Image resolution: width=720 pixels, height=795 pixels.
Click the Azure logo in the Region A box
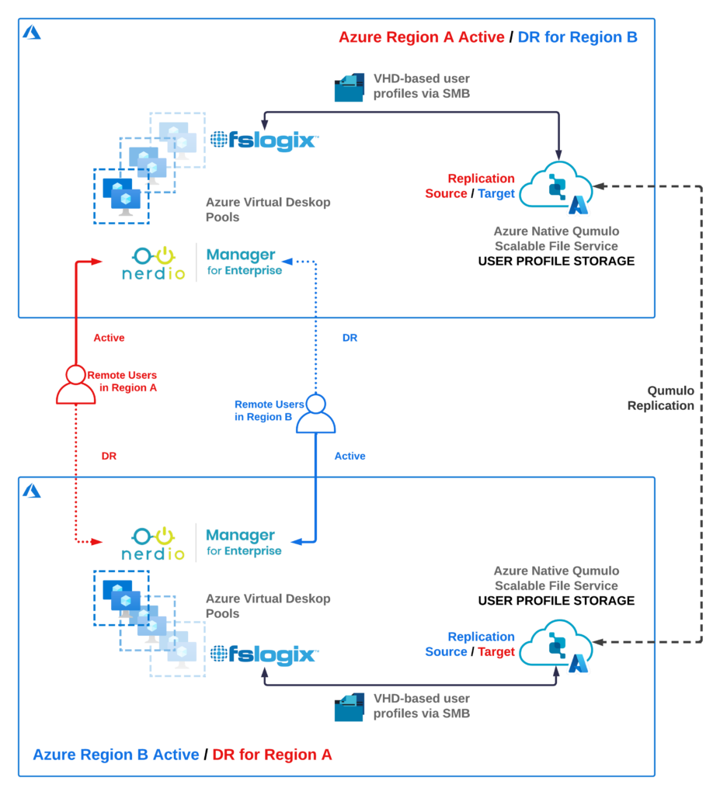pos(32,33)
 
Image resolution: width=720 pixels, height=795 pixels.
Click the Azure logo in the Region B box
pos(32,491)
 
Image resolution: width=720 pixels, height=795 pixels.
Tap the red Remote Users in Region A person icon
pos(75,384)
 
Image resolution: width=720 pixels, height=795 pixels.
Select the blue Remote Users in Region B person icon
pos(315,414)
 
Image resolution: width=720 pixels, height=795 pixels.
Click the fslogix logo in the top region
pos(264,140)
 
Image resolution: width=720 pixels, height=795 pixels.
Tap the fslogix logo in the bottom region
pos(264,654)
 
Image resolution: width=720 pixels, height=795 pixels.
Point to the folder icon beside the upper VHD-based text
pos(350,88)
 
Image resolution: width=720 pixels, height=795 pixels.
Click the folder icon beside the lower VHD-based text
pos(350,706)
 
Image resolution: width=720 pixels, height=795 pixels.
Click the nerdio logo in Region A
pos(154,263)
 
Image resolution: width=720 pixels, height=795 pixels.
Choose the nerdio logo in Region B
pos(154,543)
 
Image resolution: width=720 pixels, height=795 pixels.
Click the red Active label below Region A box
pos(109,338)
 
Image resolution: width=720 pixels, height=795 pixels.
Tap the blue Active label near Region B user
pos(350,456)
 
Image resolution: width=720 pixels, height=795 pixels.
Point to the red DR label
pos(109,456)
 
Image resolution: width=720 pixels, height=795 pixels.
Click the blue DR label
pos(350,338)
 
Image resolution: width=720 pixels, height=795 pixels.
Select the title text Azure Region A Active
pos(421,37)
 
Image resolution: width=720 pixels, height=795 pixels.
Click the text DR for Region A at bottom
pos(272,754)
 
